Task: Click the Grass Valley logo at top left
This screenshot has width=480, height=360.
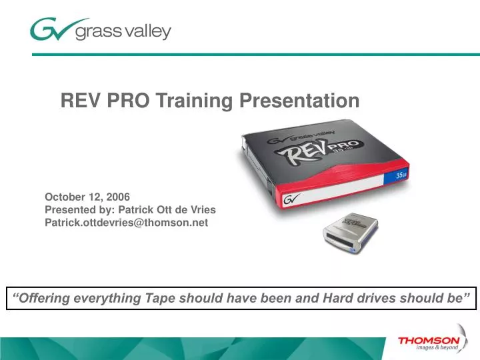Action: pos(100,30)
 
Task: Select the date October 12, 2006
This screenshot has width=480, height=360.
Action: pos(87,197)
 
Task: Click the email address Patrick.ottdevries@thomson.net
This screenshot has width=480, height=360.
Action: pos(126,223)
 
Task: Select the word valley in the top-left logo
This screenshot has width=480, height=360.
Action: pos(146,31)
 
